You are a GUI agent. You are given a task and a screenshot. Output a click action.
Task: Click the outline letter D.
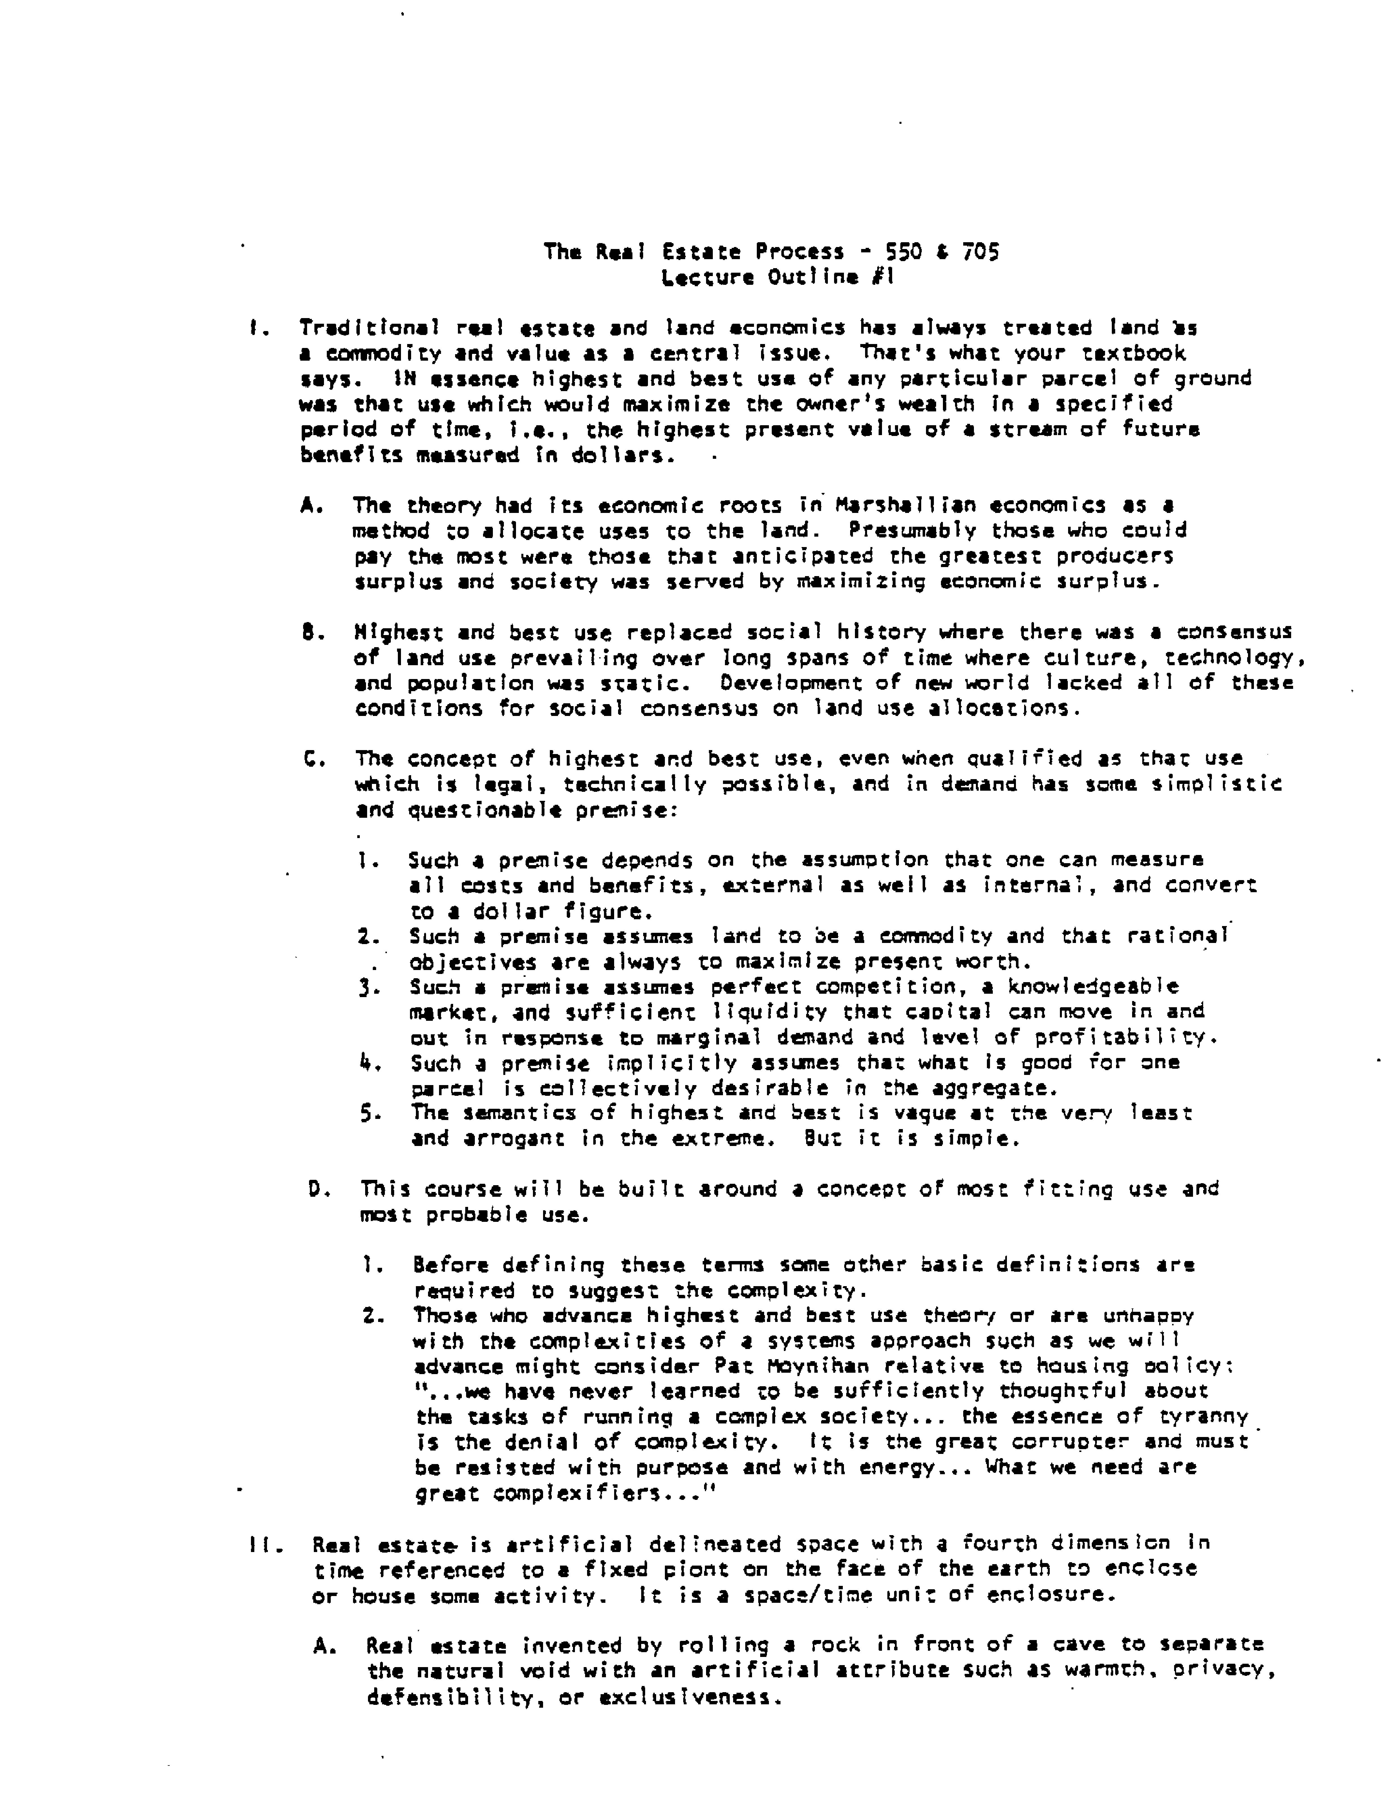point(316,1189)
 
